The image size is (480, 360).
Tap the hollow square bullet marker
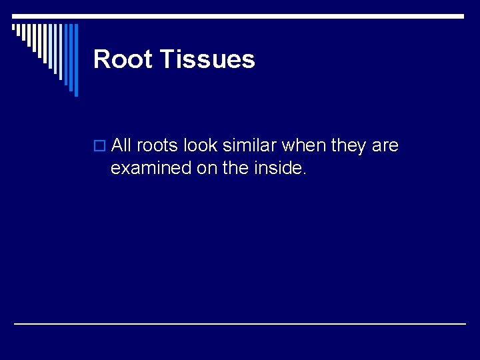coord(100,146)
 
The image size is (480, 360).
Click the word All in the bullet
coord(121,145)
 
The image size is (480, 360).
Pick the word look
coord(201,145)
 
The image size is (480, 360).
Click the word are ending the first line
coord(385,145)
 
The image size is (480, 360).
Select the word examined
coord(151,169)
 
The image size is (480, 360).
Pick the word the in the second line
coord(233,169)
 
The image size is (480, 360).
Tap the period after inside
coord(305,173)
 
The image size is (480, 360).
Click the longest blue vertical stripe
coord(75,60)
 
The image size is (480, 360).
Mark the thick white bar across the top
coord(240,15)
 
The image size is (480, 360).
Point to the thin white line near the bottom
coord(240,323)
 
